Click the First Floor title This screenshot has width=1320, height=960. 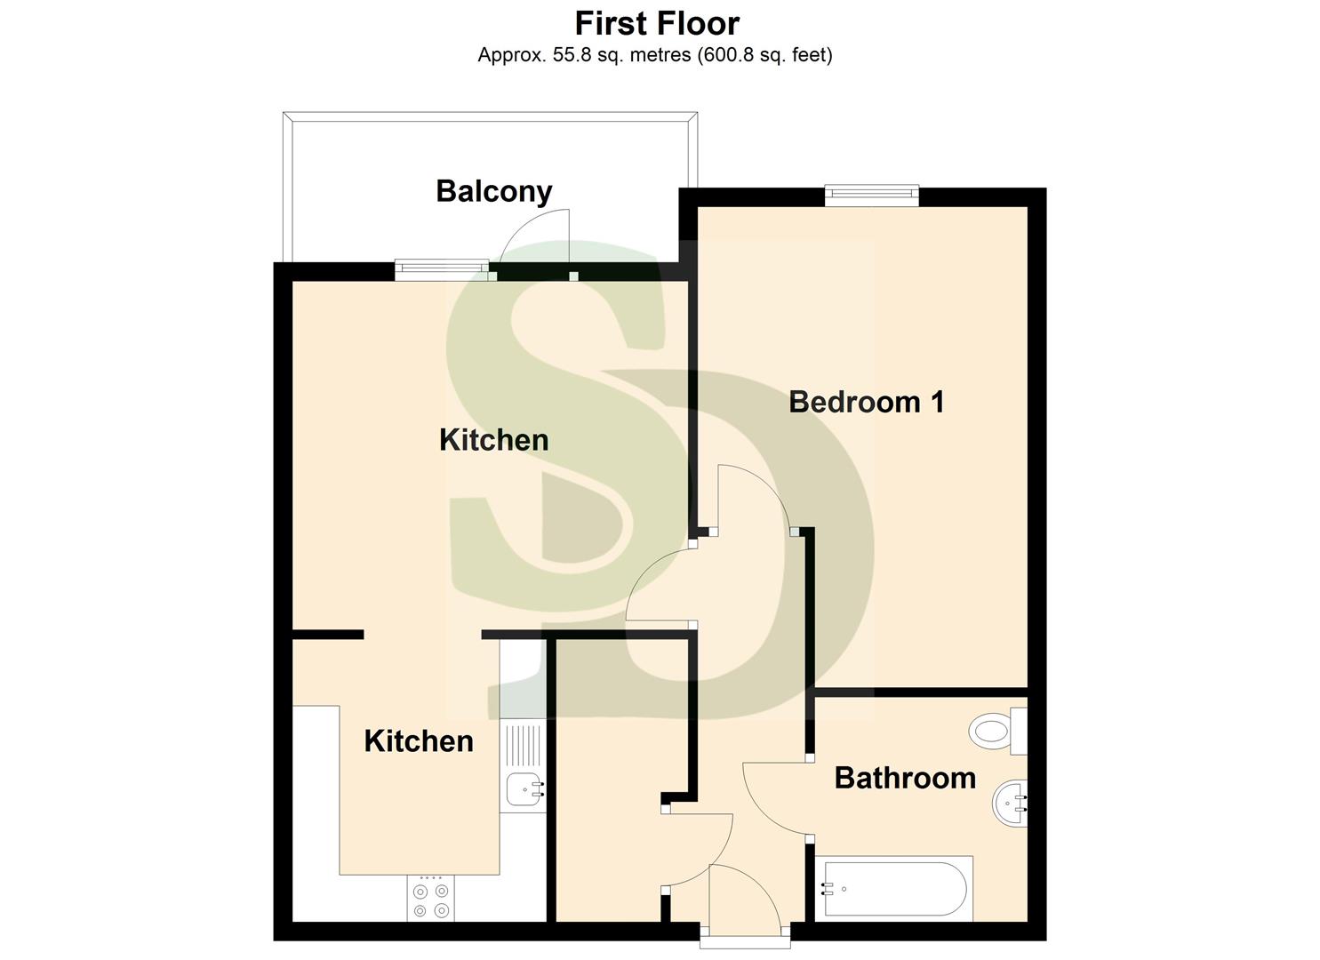[x=657, y=23]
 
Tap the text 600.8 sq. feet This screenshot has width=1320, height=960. [x=765, y=55]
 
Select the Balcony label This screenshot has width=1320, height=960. [x=494, y=191]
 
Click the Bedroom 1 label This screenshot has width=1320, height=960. [x=866, y=402]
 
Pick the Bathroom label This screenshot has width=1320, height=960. [x=905, y=778]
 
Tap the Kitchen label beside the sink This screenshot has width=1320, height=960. [x=418, y=740]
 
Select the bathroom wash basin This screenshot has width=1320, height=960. [x=1010, y=803]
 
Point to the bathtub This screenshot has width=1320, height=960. [x=898, y=888]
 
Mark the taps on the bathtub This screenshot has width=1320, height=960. [x=829, y=888]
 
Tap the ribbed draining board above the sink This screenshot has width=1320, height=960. [x=523, y=745]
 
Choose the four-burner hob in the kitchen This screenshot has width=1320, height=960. [x=431, y=898]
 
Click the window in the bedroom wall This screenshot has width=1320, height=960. [x=871, y=195]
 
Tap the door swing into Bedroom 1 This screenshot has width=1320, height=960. [x=756, y=498]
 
